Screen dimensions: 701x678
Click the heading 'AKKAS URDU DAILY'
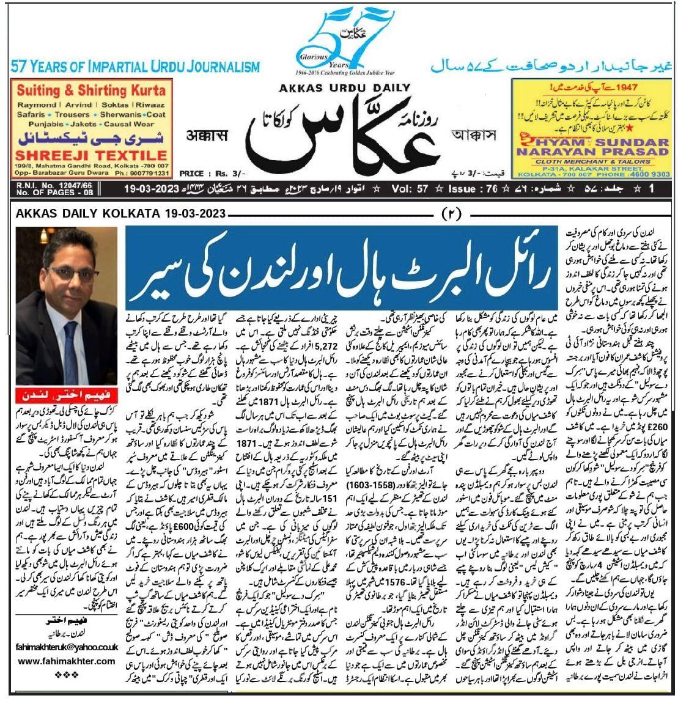tap(339, 87)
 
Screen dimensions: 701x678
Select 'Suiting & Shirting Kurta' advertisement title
tap(90, 91)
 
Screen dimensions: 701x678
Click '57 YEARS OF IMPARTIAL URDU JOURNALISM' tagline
tap(135, 67)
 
